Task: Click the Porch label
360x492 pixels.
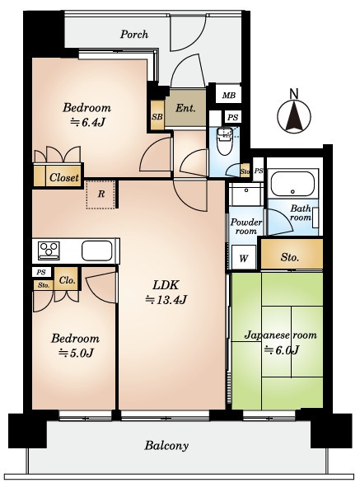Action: [x=134, y=34]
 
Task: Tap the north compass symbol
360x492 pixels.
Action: [x=294, y=112]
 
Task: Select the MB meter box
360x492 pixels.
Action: [x=229, y=95]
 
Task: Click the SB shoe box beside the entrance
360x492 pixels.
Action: [x=157, y=115]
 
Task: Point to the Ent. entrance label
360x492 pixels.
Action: [x=185, y=109]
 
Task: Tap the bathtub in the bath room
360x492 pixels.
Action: [x=292, y=184]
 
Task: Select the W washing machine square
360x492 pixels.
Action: [x=244, y=258]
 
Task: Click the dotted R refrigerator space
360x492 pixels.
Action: [x=101, y=194]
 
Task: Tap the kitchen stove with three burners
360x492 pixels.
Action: [x=49, y=251]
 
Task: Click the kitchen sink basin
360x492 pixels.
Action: [x=97, y=251]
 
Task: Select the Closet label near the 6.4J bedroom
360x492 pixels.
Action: [x=64, y=177]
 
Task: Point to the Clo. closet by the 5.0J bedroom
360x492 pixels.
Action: [x=67, y=279]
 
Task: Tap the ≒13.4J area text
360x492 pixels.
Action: [x=166, y=300]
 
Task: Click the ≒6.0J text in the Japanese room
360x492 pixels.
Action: [x=282, y=349]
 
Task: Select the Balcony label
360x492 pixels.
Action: [x=166, y=445]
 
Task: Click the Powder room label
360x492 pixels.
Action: [x=246, y=227]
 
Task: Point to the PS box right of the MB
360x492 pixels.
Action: [x=232, y=117]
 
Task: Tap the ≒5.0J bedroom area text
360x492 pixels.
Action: [x=77, y=353]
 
